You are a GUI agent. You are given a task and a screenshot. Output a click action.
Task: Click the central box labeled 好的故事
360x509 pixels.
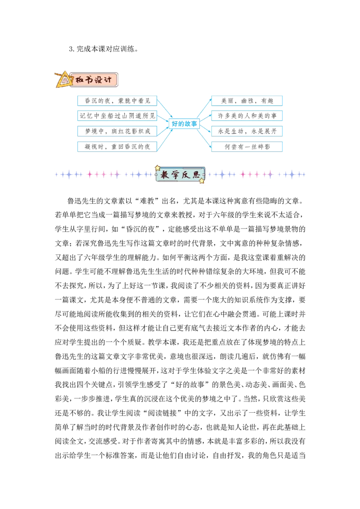click(184, 124)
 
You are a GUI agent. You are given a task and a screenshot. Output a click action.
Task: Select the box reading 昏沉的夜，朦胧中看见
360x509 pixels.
click(117, 101)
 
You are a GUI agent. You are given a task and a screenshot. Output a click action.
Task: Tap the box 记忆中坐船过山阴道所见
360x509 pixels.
click(117, 116)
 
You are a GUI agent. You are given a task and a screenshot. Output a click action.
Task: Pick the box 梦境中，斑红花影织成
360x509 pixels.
click(117, 131)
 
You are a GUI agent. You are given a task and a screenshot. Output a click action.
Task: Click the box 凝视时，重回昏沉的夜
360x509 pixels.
click(117, 147)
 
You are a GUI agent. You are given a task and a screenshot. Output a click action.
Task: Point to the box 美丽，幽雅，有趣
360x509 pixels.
click(247, 101)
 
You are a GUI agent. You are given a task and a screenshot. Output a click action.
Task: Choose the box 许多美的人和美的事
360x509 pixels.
click(247, 116)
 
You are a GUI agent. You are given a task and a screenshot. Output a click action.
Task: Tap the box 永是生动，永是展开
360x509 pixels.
click(247, 131)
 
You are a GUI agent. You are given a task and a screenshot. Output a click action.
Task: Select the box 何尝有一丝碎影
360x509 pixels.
click(247, 147)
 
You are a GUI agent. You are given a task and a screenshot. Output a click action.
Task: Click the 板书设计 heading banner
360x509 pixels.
click(93, 80)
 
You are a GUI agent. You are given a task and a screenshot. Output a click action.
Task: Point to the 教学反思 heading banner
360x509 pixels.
click(180, 174)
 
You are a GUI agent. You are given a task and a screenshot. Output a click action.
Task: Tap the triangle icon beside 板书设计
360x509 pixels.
click(64, 80)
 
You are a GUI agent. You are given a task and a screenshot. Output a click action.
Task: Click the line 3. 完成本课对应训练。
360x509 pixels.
click(103, 49)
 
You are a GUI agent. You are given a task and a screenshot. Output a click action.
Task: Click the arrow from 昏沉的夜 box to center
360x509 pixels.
click(165, 109)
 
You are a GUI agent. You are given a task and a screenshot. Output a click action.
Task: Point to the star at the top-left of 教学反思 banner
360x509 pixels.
click(158, 168)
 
